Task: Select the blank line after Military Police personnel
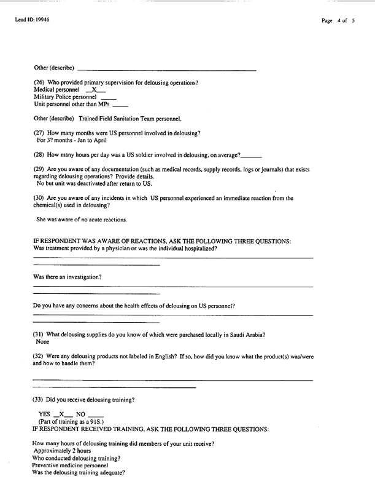pyautogui.click(x=108, y=98)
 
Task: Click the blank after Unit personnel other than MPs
pyautogui.click(x=120, y=105)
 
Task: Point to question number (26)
pyautogui.click(x=39, y=83)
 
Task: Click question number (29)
pyautogui.click(x=39, y=168)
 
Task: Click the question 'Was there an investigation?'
pyautogui.click(x=68, y=277)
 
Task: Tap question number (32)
pyautogui.click(x=39, y=356)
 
